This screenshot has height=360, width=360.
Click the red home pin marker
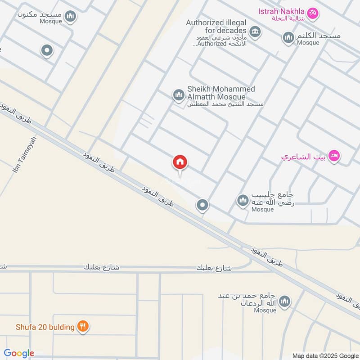point(180,162)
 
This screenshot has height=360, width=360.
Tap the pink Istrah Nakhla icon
point(313,13)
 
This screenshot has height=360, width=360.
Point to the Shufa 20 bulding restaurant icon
point(82,327)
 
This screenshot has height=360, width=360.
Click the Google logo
point(19,353)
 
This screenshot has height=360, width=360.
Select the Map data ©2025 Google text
point(324,355)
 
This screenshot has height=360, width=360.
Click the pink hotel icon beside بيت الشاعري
point(334,156)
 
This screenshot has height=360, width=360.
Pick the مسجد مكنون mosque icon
point(70,17)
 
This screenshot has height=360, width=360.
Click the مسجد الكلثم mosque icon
point(288,38)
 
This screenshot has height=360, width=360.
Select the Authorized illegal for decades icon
point(255,31)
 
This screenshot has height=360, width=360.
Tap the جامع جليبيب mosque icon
point(243,200)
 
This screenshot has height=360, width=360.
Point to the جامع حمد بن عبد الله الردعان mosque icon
point(284,302)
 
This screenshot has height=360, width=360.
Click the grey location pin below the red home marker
point(202,206)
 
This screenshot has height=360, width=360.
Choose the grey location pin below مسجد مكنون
point(47,51)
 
